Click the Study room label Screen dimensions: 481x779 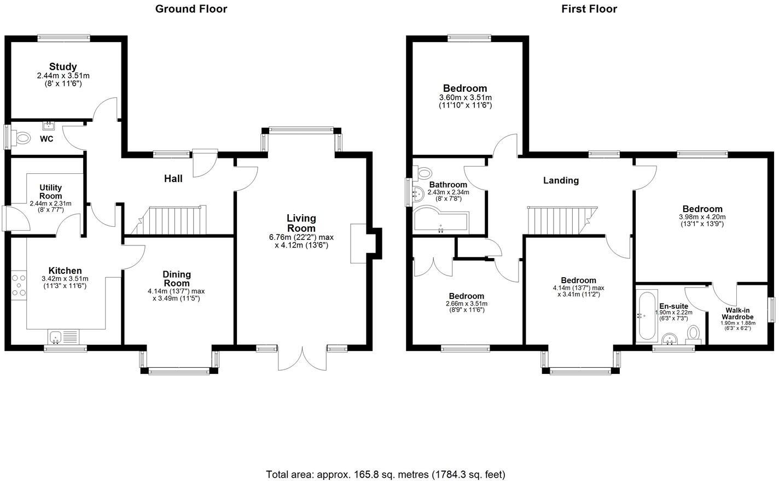63,67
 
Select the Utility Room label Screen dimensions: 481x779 50,192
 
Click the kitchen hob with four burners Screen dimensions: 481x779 19,286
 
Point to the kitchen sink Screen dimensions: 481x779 56,337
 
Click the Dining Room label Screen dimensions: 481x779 177,279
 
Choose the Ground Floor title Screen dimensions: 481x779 191,9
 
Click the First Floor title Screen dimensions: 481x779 589,9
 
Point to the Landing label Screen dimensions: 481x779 561,180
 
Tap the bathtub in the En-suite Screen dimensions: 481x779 646,315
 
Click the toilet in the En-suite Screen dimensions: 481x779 694,334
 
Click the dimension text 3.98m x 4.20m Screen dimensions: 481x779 702,216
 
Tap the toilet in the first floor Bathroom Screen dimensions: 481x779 425,173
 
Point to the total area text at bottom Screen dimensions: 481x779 385,474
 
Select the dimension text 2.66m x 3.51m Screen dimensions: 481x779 467,304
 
